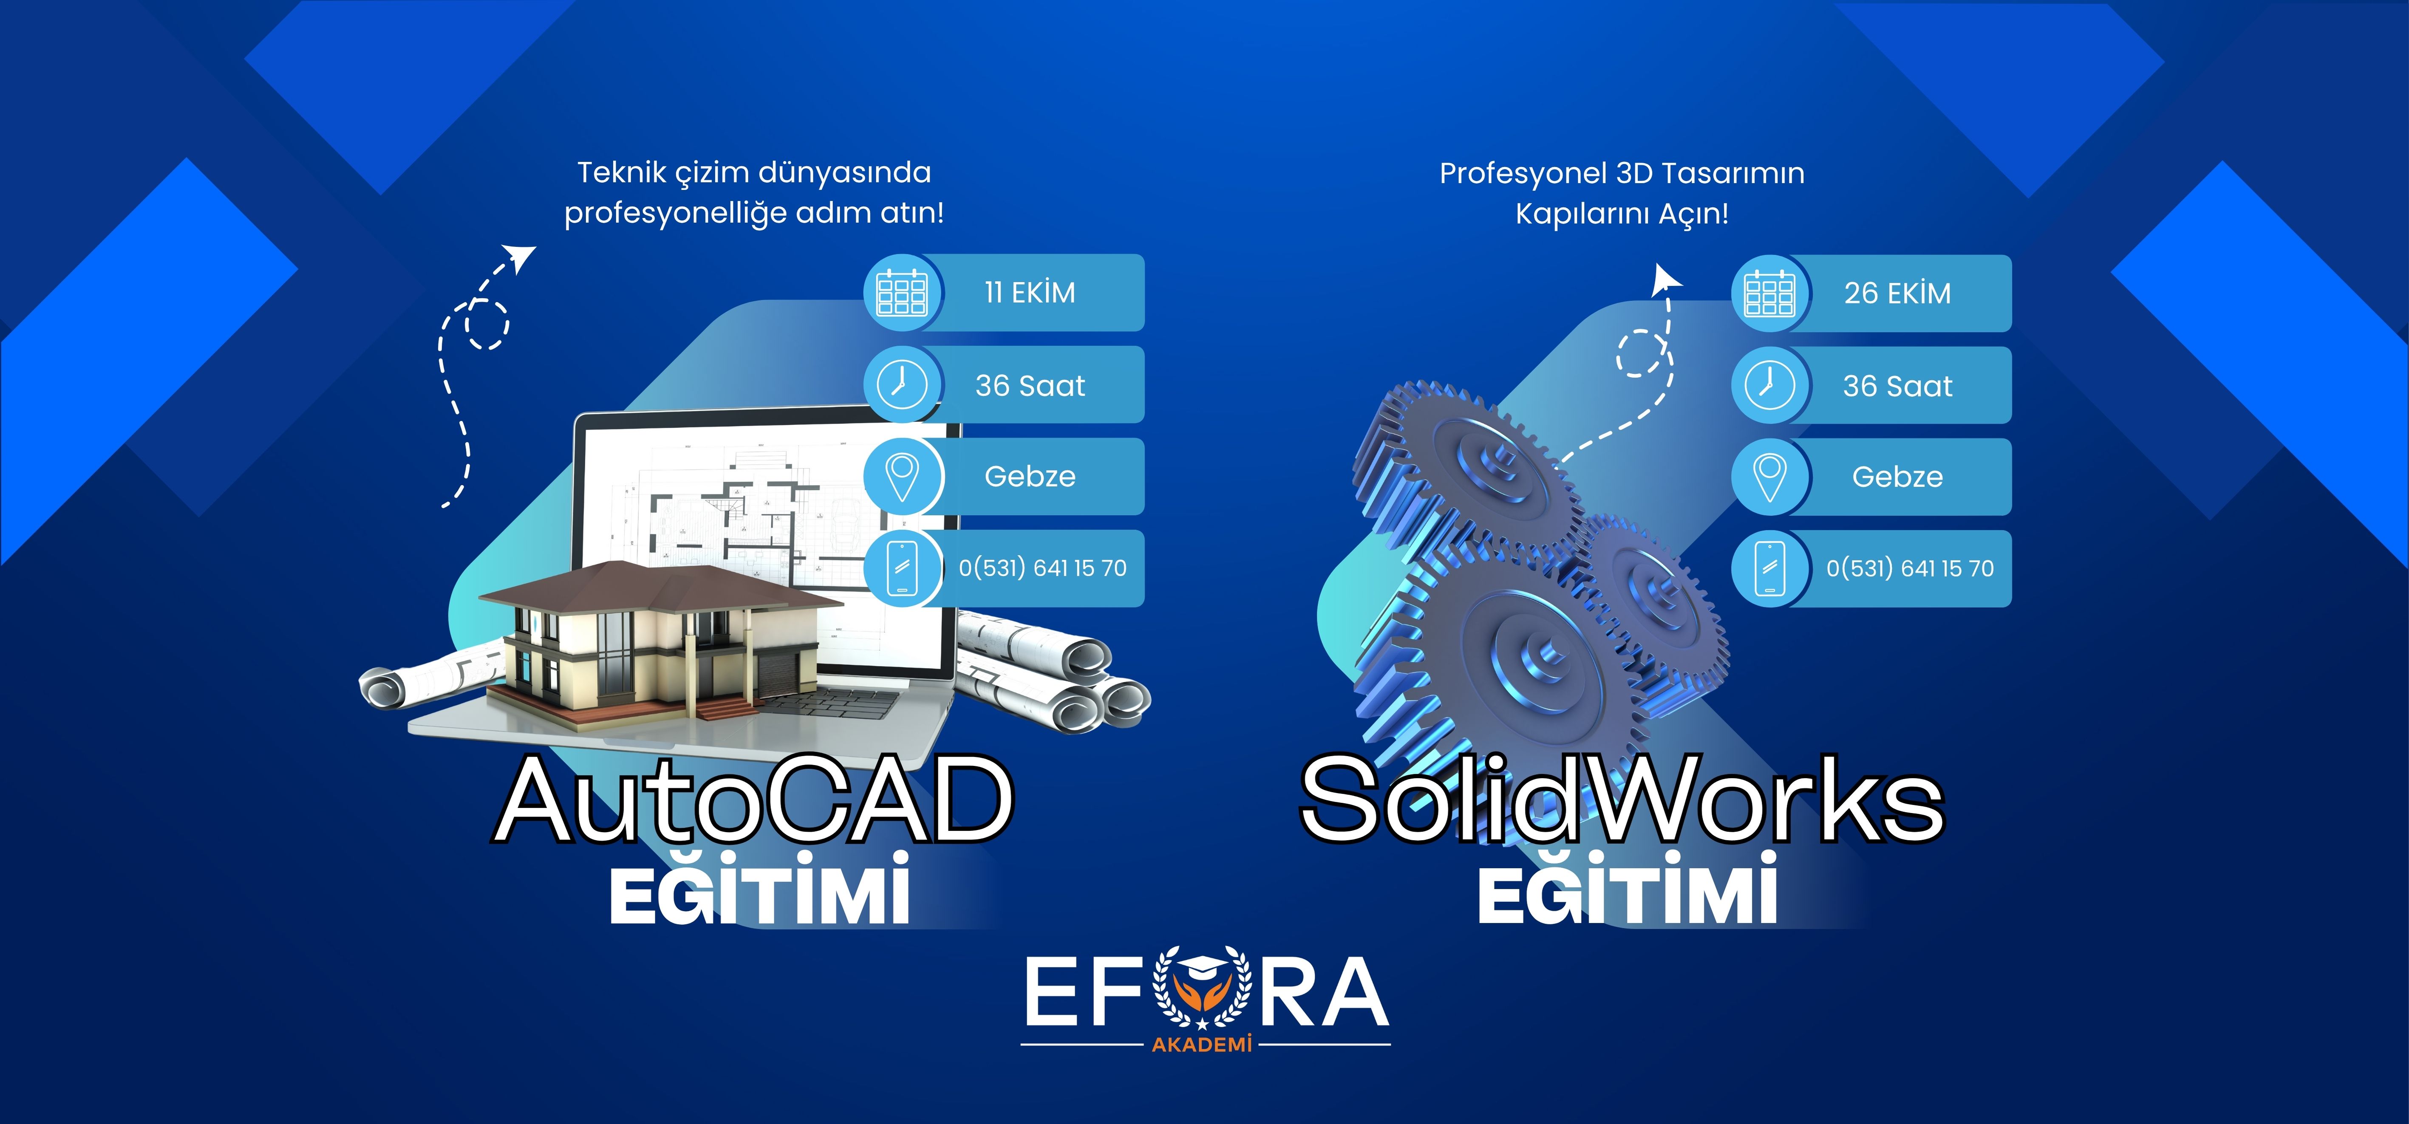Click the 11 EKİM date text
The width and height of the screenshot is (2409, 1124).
pos(1030,293)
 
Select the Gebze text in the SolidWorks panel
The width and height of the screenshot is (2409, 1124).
pos(1897,477)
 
